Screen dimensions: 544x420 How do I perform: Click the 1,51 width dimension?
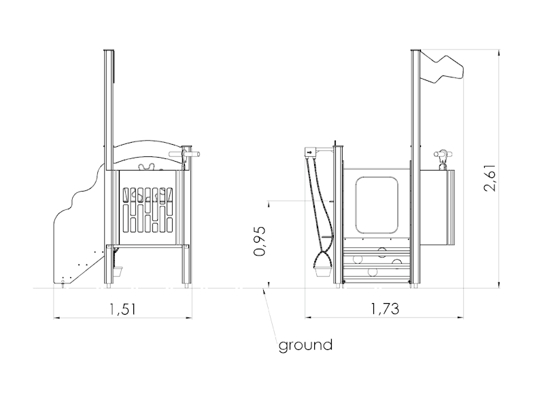(122, 309)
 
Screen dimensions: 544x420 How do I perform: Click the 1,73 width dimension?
(385, 309)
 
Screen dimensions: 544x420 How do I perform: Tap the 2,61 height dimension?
(490, 177)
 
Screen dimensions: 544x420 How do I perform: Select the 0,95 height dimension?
(259, 241)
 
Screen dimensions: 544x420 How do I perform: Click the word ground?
(305, 345)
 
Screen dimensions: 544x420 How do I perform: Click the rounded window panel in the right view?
(377, 205)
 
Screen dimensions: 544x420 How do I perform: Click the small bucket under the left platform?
(118, 271)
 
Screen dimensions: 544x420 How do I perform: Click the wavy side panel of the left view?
(78, 229)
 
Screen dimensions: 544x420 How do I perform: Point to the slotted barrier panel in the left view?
(148, 210)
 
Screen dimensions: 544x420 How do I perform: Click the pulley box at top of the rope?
(310, 152)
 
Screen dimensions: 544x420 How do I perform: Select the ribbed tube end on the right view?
(451, 207)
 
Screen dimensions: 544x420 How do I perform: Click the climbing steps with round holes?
(377, 264)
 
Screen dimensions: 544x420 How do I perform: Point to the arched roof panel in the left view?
(148, 155)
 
